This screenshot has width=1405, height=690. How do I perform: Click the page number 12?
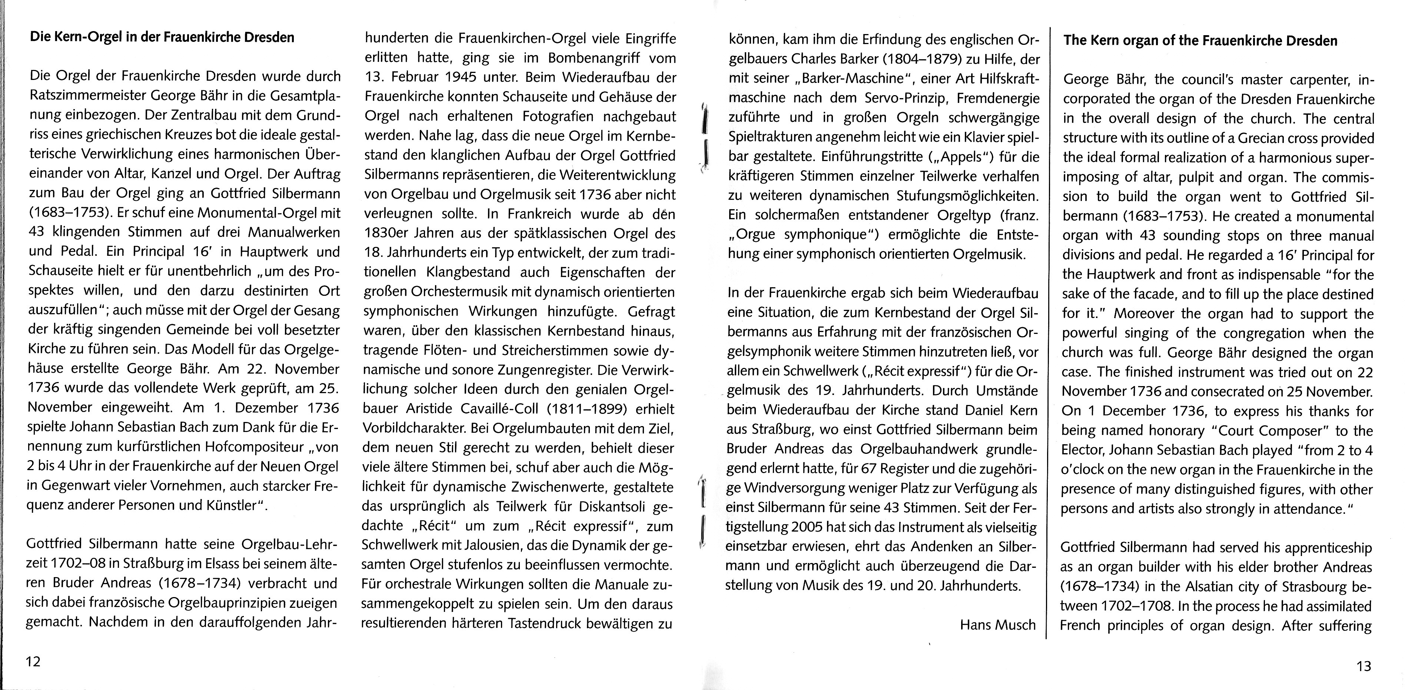(x=33, y=661)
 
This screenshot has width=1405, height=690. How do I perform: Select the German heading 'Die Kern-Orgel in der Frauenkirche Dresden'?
(x=162, y=38)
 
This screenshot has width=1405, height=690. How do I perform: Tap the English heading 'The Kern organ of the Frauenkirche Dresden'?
(x=1200, y=41)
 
